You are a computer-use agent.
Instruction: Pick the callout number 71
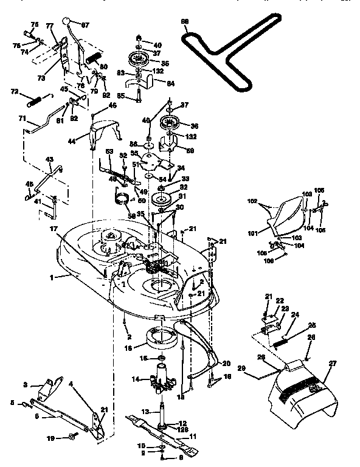[x=22, y=119]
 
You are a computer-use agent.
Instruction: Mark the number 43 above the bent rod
[x=49, y=159]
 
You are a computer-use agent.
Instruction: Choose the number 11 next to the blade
[x=194, y=437]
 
